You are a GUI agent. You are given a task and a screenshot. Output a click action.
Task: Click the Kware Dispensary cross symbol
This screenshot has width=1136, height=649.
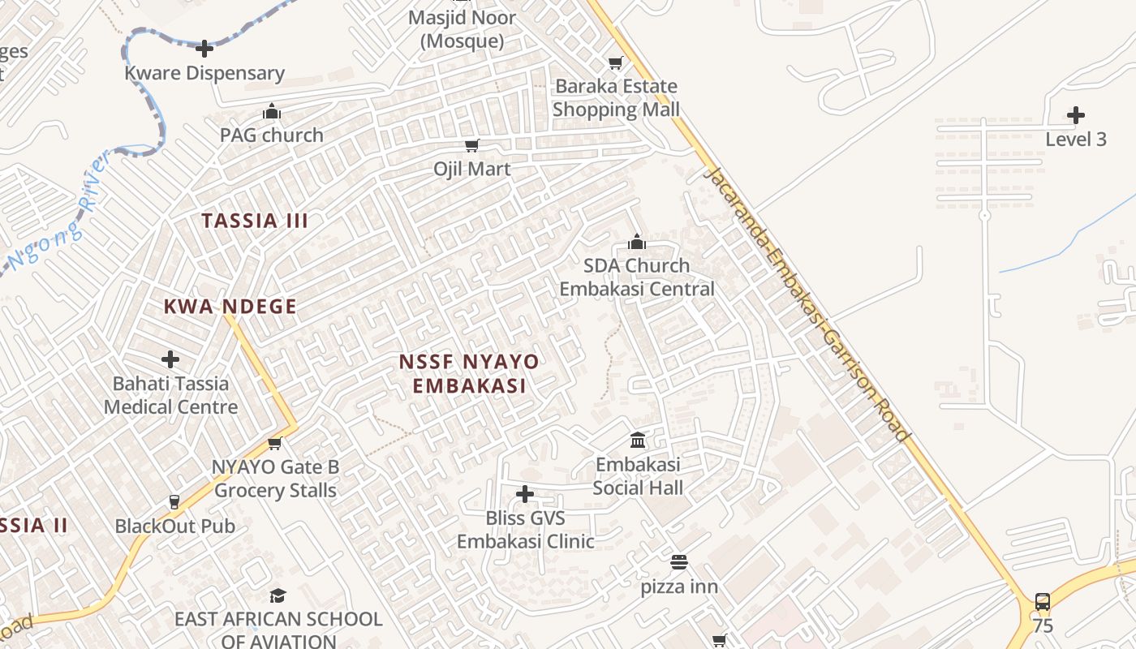tap(204, 49)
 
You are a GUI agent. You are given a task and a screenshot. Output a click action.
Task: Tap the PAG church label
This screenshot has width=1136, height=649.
tap(272, 135)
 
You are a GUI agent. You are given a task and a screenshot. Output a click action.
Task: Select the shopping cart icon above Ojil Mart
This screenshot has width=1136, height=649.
tap(471, 145)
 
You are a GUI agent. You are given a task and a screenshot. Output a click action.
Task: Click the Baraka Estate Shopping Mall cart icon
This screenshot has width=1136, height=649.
tap(616, 62)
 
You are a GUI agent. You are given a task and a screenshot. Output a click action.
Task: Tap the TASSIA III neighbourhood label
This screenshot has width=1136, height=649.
tap(255, 221)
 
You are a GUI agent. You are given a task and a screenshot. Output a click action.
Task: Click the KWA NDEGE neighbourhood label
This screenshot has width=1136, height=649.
tap(230, 307)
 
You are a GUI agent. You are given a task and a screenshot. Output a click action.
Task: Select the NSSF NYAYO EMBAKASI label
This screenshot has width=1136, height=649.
tap(469, 373)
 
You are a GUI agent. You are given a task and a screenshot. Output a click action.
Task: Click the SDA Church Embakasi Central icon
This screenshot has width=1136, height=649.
tap(637, 242)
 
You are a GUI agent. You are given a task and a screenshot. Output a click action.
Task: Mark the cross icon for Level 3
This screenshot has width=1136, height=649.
tap(1076, 115)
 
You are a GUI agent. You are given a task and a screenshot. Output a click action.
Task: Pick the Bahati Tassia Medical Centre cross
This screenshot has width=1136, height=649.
tap(170, 359)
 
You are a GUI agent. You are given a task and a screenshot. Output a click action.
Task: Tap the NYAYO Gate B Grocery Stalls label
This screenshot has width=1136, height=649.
tap(276, 479)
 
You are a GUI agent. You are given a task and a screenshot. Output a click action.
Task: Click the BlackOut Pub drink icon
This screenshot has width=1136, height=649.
tap(174, 502)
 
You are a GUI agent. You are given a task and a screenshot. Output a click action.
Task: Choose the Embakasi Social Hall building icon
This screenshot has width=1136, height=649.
tap(638, 441)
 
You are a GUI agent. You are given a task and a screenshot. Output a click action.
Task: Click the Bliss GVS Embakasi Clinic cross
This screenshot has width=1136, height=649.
tap(525, 493)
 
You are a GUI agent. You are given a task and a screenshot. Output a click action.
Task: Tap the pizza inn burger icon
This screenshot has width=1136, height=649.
tap(679, 562)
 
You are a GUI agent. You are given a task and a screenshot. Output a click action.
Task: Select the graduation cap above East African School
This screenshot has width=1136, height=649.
tap(278, 596)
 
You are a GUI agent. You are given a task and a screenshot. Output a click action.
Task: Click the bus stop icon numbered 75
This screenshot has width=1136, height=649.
tap(1043, 602)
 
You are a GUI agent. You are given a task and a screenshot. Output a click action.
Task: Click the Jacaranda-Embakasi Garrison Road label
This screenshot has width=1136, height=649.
tap(808, 304)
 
